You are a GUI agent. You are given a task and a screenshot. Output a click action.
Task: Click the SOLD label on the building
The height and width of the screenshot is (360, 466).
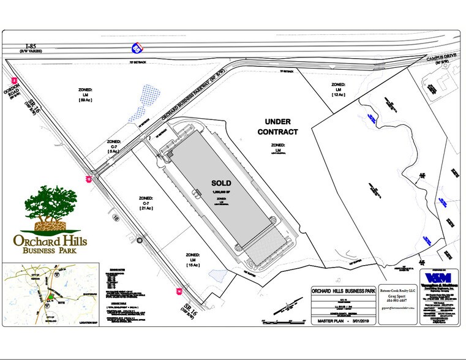pos(221,182)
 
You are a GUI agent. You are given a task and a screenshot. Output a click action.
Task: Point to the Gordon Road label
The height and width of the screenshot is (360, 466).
pos(14,97)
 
